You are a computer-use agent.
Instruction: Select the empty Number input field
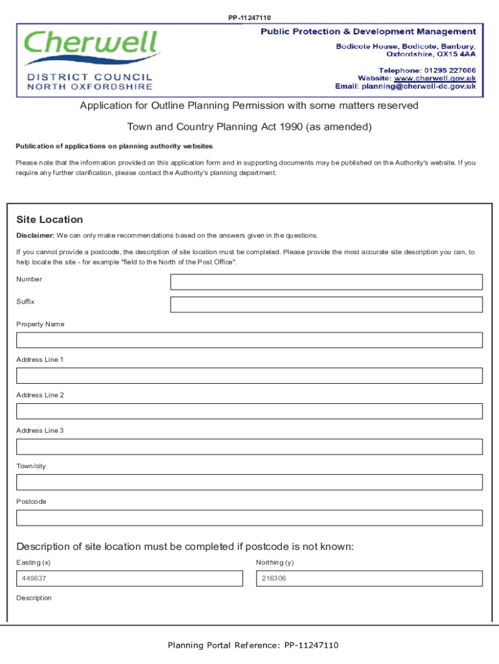[x=326, y=282]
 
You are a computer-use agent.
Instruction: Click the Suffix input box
[x=326, y=305]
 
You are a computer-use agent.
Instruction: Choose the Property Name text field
[x=250, y=340]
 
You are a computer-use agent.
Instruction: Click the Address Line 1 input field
[x=250, y=376]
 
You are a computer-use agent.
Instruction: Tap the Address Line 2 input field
[x=250, y=411]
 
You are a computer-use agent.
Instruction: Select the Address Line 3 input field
[x=250, y=447]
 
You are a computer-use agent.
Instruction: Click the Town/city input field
[x=250, y=482]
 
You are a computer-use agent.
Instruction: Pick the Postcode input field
[x=250, y=517]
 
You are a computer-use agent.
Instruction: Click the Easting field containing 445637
[x=129, y=578]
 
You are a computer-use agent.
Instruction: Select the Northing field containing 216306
[x=369, y=578]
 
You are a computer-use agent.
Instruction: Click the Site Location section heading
[x=50, y=220]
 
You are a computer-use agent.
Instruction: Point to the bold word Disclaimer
[x=35, y=235]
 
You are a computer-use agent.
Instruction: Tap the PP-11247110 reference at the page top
[x=250, y=18]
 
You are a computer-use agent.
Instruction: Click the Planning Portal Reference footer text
[x=253, y=645]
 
